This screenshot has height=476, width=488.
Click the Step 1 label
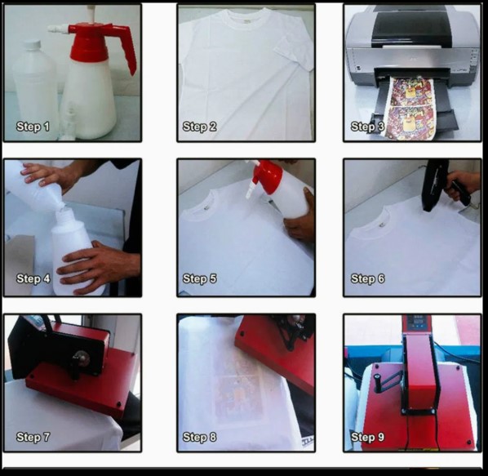point(33,127)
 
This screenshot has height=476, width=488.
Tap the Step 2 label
point(199,127)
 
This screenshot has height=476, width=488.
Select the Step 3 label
point(366,127)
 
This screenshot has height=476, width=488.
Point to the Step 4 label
point(33,279)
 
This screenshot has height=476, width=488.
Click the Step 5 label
point(199,279)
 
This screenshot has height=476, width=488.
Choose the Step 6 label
point(366,279)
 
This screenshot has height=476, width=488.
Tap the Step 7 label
point(33,438)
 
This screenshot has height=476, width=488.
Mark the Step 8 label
point(199,438)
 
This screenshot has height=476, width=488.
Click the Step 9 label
point(366,438)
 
